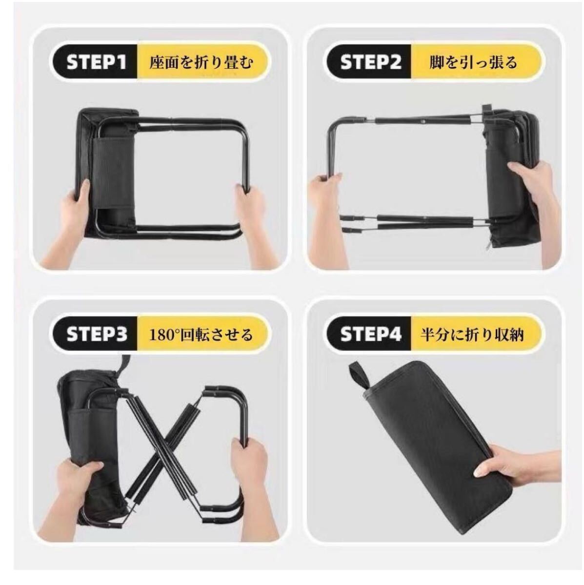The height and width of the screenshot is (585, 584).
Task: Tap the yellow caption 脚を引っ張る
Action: click(473, 62)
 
